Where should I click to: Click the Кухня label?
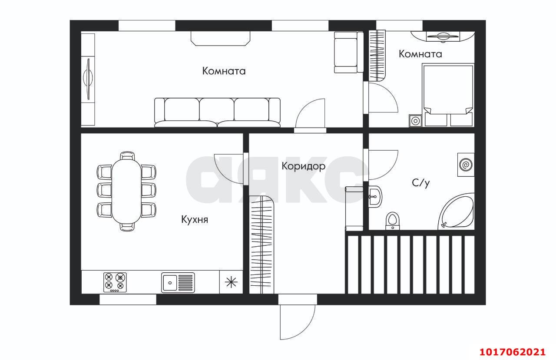coord(195,220)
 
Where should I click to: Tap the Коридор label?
coord(303,166)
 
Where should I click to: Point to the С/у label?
coord(420,183)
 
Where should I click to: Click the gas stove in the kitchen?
coord(115,282)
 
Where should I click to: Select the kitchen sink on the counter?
coord(178,283)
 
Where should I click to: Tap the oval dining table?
coord(126,191)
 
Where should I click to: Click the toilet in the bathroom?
coord(392,221)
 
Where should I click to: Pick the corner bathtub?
coord(456,211)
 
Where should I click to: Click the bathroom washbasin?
coord(375,197)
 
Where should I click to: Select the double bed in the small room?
coord(448,95)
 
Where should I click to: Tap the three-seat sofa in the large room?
coord(218,112)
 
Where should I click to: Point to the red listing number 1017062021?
coord(512,352)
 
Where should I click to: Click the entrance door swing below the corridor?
coord(298,322)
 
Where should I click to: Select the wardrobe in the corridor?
coord(261,244)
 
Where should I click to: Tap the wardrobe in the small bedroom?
coord(377,56)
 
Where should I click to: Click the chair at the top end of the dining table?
coord(127,155)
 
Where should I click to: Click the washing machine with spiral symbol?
coord(466,165)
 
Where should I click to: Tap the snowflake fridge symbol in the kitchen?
coord(231,282)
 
